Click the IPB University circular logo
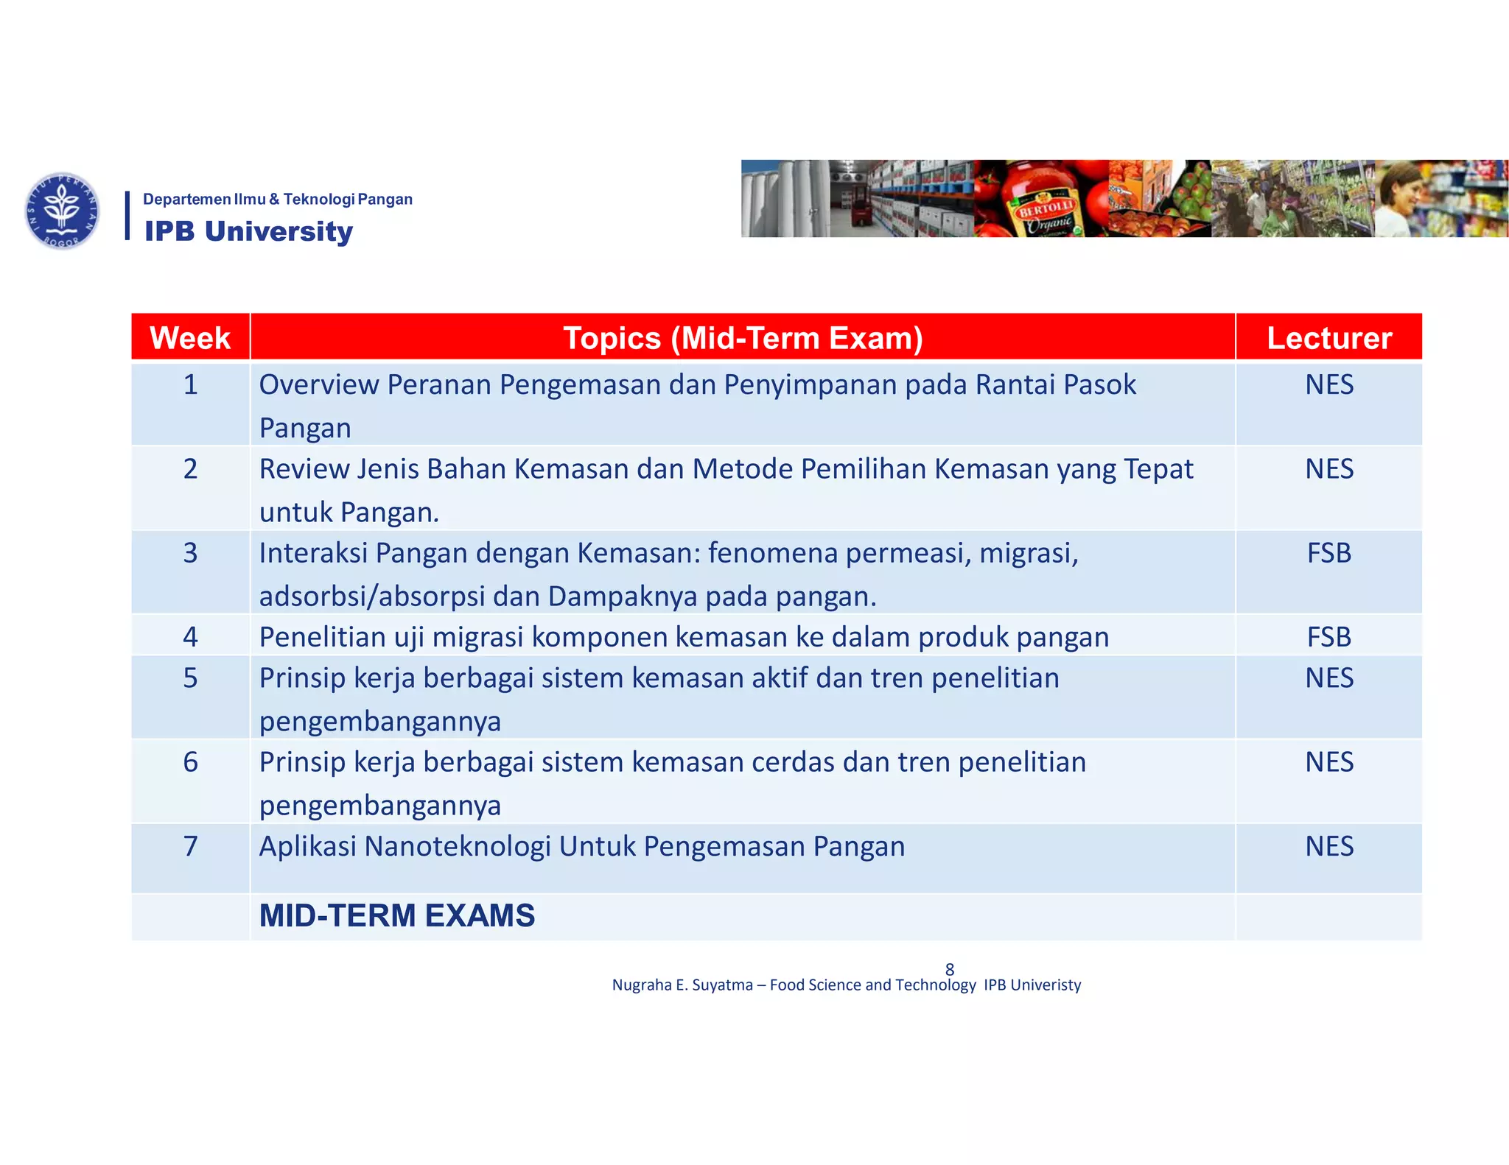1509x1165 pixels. [x=62, y=211]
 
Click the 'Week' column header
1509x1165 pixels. [x=190, y=338]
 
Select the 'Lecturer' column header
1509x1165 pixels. [x=1328, y=338]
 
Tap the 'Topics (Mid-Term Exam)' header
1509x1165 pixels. [x=743, y=338]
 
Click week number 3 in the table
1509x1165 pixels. [x=190, y=552]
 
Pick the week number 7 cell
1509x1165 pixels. [x=190, y=846]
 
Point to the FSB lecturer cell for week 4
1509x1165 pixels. [x=1328, y=637]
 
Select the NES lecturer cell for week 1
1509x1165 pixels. [x=1328, y=384]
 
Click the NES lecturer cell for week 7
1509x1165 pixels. [x=1328, y=846]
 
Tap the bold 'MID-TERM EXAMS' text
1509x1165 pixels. [x=397, y=915]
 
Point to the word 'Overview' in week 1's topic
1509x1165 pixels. [x=318, y=384]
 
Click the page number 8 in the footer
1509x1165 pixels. [x=950, y=969]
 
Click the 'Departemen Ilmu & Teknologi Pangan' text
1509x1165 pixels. [x=277, y=199]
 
